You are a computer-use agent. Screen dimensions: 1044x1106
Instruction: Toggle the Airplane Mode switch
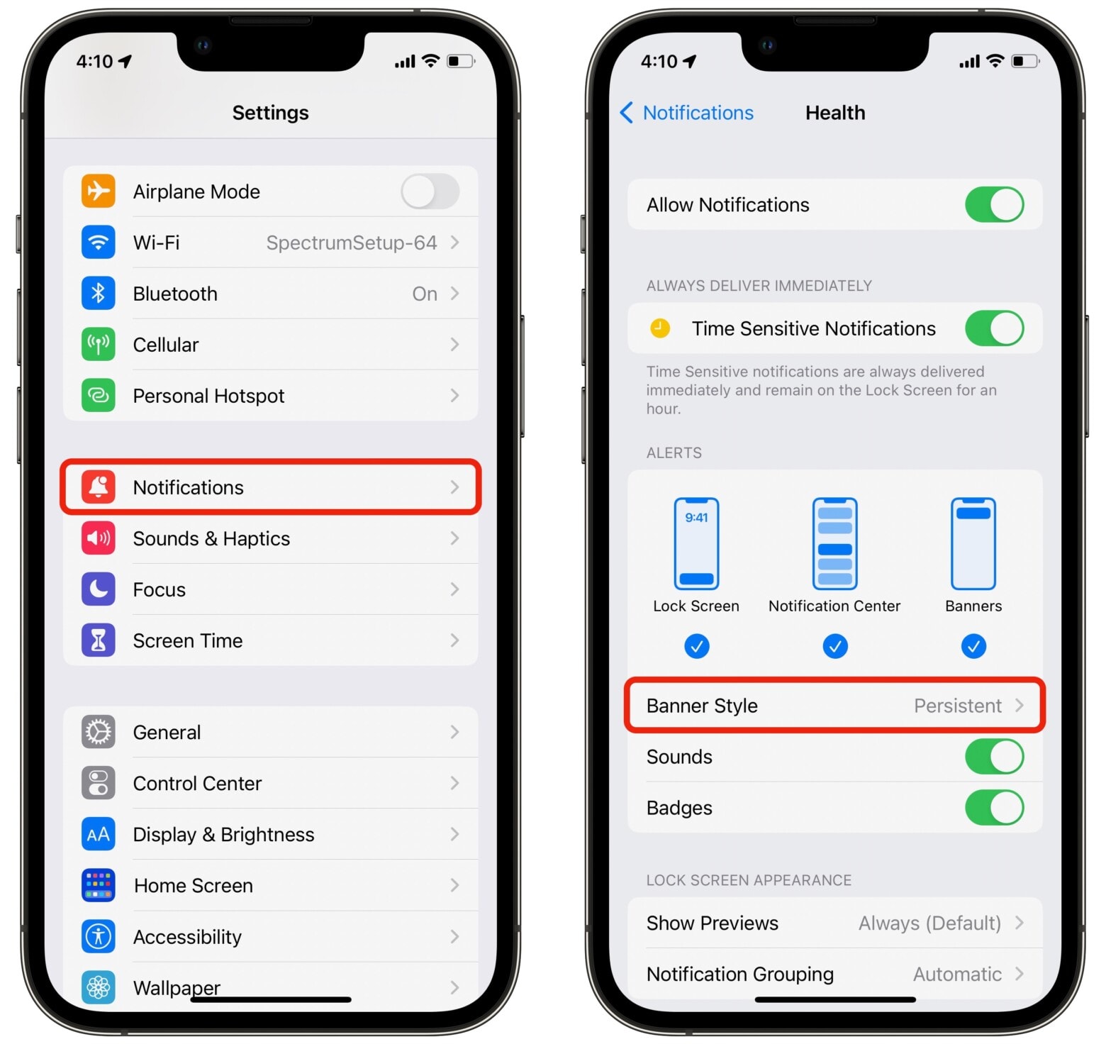coord(430,191)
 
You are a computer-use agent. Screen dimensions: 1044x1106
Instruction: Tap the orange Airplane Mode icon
coord(99,191)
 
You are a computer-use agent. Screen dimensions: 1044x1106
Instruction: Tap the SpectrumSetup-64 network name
coord(351,243)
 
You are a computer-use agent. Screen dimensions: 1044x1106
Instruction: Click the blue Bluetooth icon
coord(99,294)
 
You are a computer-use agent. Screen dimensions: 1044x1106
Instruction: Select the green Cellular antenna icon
coord(99,345)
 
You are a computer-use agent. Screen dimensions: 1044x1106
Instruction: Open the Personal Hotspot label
coord(208,396)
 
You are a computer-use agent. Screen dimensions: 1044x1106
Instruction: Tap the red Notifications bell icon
coord(99,487)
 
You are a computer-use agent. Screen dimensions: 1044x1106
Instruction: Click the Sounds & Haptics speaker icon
coord(99,538)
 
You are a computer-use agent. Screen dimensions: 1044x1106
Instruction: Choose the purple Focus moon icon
coord(99,589)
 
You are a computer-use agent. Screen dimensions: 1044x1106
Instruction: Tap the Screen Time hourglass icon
coord(99,640)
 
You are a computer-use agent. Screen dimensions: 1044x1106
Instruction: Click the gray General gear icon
coord(99,732)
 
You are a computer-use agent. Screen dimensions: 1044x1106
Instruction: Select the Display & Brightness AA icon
coord(99,834)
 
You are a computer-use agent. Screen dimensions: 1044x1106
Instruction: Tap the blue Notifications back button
coord(686,113)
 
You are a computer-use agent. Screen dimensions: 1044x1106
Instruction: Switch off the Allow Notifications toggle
coord(994,205)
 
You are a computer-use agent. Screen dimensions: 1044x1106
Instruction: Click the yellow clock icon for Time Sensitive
coord(660,328)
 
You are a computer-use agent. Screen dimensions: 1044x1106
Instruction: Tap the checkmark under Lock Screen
coord(696,646)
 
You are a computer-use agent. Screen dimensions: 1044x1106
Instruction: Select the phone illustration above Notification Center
coord(834,544)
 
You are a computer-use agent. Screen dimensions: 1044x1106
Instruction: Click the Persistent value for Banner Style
coord(957,706)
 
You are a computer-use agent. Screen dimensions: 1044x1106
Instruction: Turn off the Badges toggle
coord(994,808)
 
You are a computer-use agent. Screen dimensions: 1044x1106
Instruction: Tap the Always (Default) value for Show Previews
coord(929,923)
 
